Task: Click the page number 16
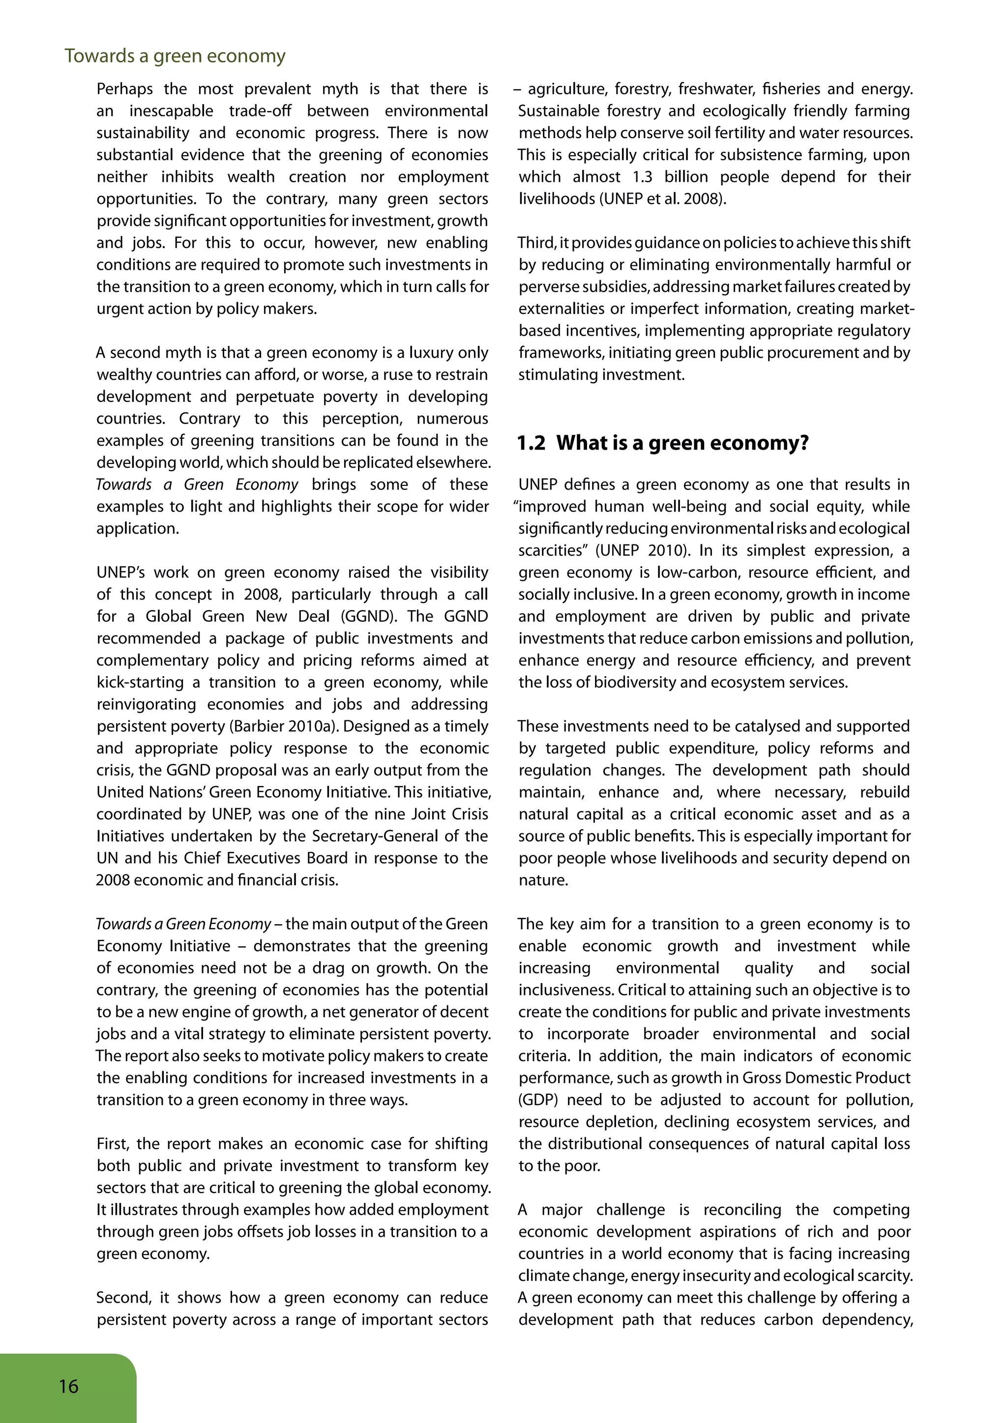click(x=69, y=1386)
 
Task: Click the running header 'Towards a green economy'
click(x=175, y=56)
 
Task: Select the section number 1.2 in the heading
click(x=532, y=443)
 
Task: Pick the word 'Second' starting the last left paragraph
click(x=123, y=1298)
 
